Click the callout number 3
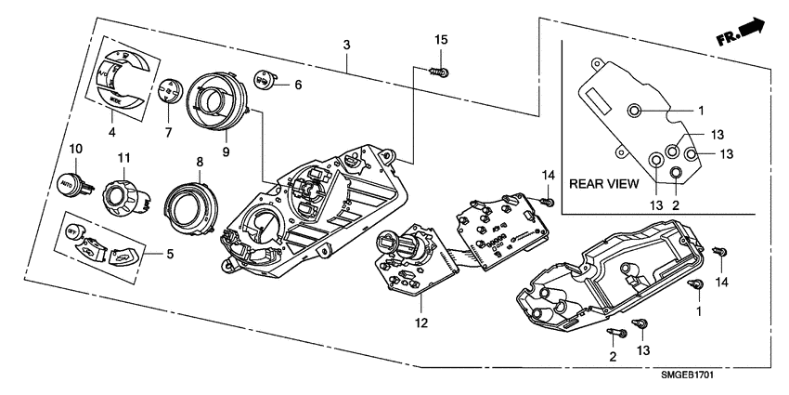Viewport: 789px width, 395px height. [346, 45]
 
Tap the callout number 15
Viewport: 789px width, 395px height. [442, 39]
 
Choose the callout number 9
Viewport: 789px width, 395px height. [225, 151]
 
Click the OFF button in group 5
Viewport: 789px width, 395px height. [75, 230]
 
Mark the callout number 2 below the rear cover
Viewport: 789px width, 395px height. [613, 357]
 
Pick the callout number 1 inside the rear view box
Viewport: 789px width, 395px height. [702, 110]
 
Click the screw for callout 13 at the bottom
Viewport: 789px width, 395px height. [640, 325]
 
